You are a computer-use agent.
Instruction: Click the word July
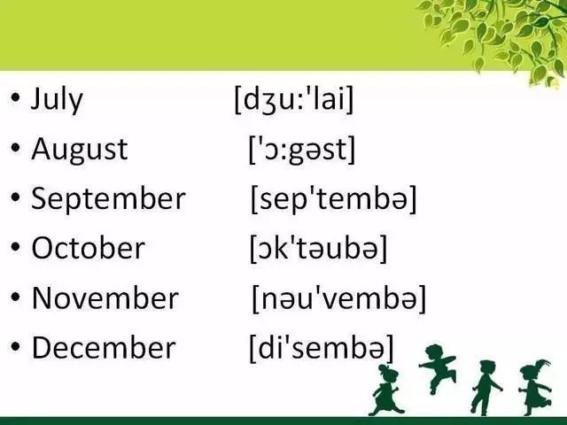[57, 99]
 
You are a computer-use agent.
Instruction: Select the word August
[80, 150]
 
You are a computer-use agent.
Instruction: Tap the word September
[108, 199]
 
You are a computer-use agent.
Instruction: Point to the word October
[89, 248]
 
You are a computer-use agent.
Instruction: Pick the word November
[105, 297]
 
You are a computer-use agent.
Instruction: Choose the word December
[104, 347]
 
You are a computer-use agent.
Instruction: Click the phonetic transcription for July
[293, 99]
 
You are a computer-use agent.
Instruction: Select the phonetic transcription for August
[302, 150]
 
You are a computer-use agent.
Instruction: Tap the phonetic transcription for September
[334, 199]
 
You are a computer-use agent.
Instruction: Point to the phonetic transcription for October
[319, 248]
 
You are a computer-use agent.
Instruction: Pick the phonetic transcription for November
[338, 298]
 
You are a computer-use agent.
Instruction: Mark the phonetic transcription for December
[322, 348]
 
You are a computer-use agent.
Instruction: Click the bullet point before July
[15, 97]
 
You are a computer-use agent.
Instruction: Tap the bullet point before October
[15, 246]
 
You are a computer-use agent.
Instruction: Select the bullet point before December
[15, 346]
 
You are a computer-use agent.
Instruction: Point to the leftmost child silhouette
[385, 390]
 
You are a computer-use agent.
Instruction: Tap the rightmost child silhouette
[535, 388]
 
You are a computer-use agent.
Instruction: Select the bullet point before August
[15, 148]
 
